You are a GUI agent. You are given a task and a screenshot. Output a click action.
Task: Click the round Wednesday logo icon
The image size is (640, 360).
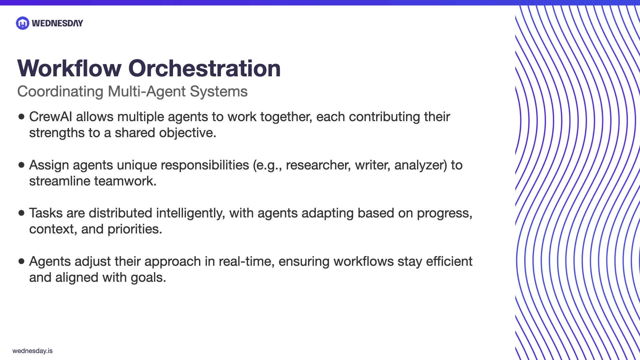23,23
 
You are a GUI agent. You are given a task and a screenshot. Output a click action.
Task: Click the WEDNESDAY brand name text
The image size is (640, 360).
57,23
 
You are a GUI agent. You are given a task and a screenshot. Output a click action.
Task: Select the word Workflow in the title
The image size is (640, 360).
69,69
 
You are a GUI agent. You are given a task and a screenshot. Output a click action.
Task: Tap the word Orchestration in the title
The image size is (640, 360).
204,69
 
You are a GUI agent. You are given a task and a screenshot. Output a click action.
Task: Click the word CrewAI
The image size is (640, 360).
50,117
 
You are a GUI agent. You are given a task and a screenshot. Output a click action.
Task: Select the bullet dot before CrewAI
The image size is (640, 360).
22,117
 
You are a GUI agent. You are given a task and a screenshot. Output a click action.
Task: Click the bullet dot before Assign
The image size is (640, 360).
22,165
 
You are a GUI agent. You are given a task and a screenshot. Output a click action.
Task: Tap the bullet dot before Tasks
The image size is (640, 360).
22,213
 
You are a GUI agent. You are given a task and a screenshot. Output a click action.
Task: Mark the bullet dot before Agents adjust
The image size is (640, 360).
22,261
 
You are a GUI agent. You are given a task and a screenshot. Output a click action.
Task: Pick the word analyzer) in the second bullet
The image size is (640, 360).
420,165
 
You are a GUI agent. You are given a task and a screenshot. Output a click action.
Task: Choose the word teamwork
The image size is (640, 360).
125,181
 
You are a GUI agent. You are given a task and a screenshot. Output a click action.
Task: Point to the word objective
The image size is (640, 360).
188,133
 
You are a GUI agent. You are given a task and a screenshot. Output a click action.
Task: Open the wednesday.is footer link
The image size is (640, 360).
32,351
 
